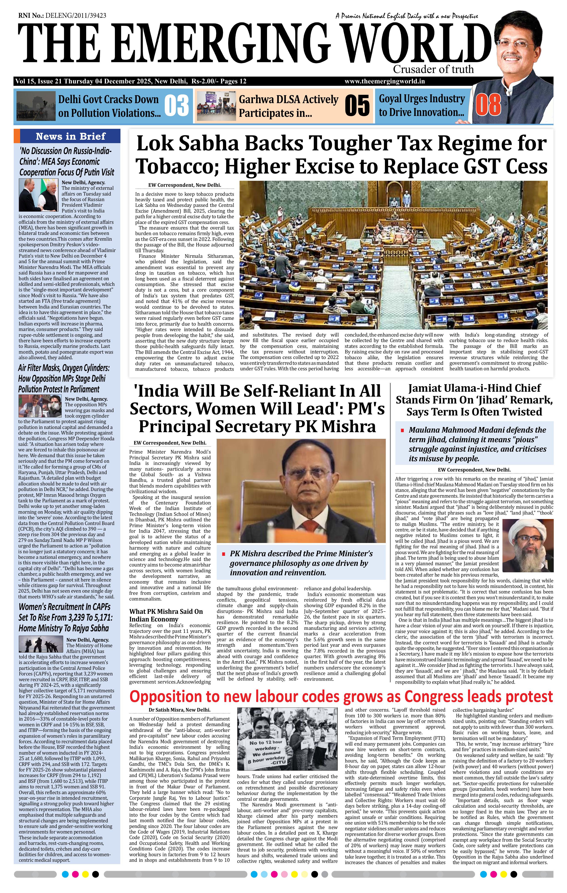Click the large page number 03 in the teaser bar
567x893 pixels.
click(x=177, y=105)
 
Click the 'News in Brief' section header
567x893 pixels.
click(x=70, y=136)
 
